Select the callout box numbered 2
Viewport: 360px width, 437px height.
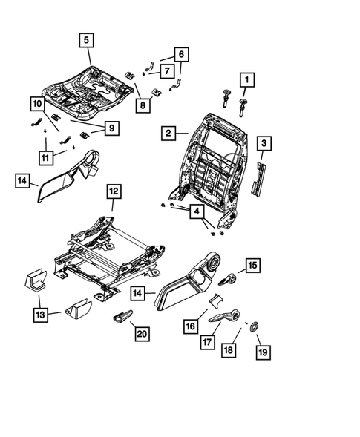pos(168,134)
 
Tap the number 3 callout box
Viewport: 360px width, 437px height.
pos(263,142)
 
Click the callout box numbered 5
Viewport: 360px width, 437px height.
pos(87,39)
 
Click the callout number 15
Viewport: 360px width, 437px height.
pos(252,265)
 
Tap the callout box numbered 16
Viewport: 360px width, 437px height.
pos(191,325)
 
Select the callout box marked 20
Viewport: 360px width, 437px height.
pos(142,335)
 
